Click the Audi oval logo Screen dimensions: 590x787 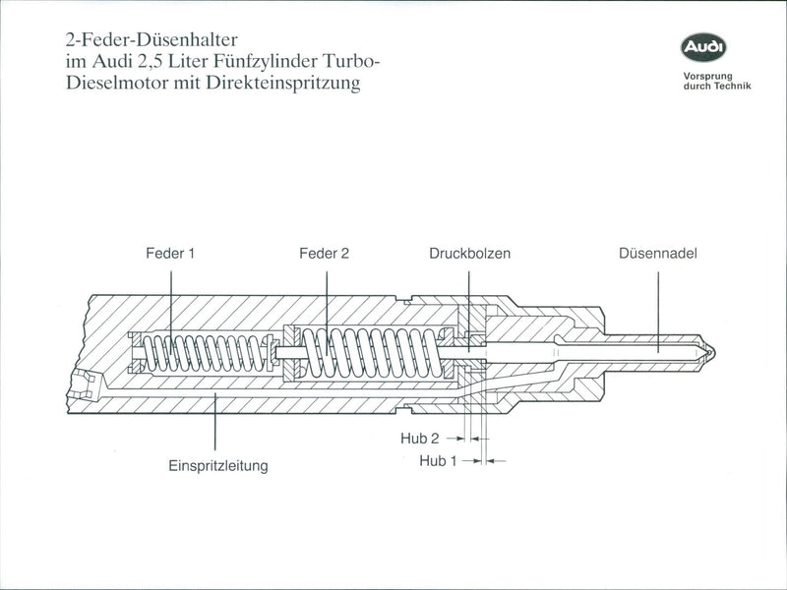point(704,46)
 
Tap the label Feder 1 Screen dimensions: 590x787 point(170,253)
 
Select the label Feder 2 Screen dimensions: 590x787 point(324,253)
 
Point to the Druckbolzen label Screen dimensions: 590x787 point(469,253)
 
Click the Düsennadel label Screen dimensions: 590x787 point(658,253)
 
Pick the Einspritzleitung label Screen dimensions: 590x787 point(217,464)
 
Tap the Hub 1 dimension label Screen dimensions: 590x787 point(438,459)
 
